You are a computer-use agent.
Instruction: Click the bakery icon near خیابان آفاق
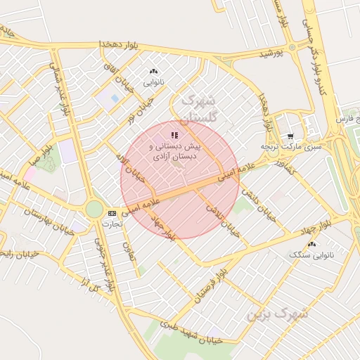[153, 72]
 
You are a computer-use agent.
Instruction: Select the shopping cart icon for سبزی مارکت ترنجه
[290, 136]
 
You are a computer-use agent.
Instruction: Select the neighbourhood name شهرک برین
[278, 314]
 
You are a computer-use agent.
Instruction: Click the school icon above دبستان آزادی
[174, 134]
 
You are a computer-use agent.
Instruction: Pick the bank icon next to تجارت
[112, 212]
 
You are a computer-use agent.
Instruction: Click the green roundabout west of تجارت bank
[94, 209]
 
